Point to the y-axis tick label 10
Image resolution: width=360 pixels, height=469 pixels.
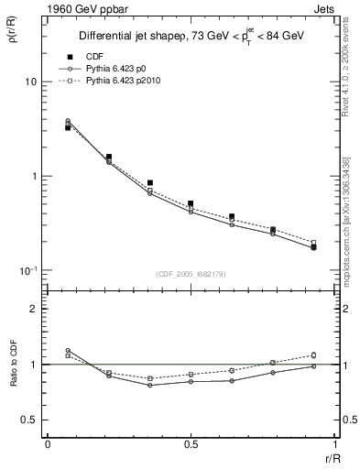coord(30,82)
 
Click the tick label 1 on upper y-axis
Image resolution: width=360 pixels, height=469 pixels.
coord(35,176)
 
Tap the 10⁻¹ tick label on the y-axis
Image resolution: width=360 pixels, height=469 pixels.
coord(28,270)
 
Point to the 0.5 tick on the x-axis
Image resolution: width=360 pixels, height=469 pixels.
coord(191,444)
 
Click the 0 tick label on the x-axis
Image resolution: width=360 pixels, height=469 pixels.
coord(48,444)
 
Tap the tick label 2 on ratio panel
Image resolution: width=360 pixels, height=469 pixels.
coord(35,309)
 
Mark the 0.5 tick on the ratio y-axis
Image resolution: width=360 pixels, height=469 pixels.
coord(29,420)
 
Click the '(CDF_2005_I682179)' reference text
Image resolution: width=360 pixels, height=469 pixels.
coord(191,274)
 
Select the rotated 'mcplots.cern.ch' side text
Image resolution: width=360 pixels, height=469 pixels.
coord(349,229)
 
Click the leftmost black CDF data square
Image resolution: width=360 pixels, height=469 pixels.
coord(68,127)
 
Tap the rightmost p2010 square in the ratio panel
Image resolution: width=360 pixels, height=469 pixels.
coord(313,354)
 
